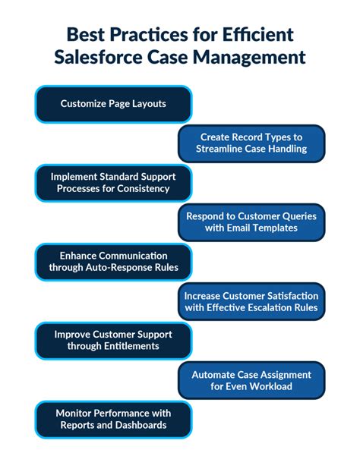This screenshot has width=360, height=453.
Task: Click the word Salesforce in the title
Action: (x=98, y=57)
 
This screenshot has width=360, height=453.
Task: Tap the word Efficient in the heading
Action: (x=258, y=34)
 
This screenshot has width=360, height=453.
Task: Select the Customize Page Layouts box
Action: (x=113, y=104)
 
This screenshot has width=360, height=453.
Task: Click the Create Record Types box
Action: (x=251, y=143)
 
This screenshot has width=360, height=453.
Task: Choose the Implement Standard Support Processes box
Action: (x=113, y=183)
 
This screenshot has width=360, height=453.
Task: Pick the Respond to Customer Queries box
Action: (x=251, y=222)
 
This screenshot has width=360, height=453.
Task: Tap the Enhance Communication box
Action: (x=113, y=262)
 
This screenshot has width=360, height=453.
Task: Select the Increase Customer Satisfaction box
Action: (x=251, y=301)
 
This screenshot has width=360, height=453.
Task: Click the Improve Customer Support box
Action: (x=113, y=341)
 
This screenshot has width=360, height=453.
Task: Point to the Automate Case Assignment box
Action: (x=251, y=380)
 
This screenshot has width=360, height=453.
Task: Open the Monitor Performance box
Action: (x=113, y=420)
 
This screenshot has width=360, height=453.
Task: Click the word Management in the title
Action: (x=249, y=57)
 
